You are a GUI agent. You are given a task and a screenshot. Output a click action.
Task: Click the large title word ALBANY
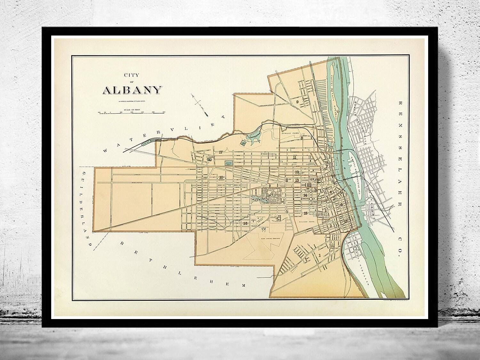point(131,90)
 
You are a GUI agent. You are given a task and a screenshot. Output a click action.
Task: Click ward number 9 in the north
point(297,102)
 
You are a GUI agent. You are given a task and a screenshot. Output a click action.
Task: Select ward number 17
point(220,152)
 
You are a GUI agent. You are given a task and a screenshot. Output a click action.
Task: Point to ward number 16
point(245,223)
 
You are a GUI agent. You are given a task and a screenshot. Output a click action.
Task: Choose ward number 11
point(294,157)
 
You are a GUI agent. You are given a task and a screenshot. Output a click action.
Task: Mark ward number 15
point(306,213)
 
